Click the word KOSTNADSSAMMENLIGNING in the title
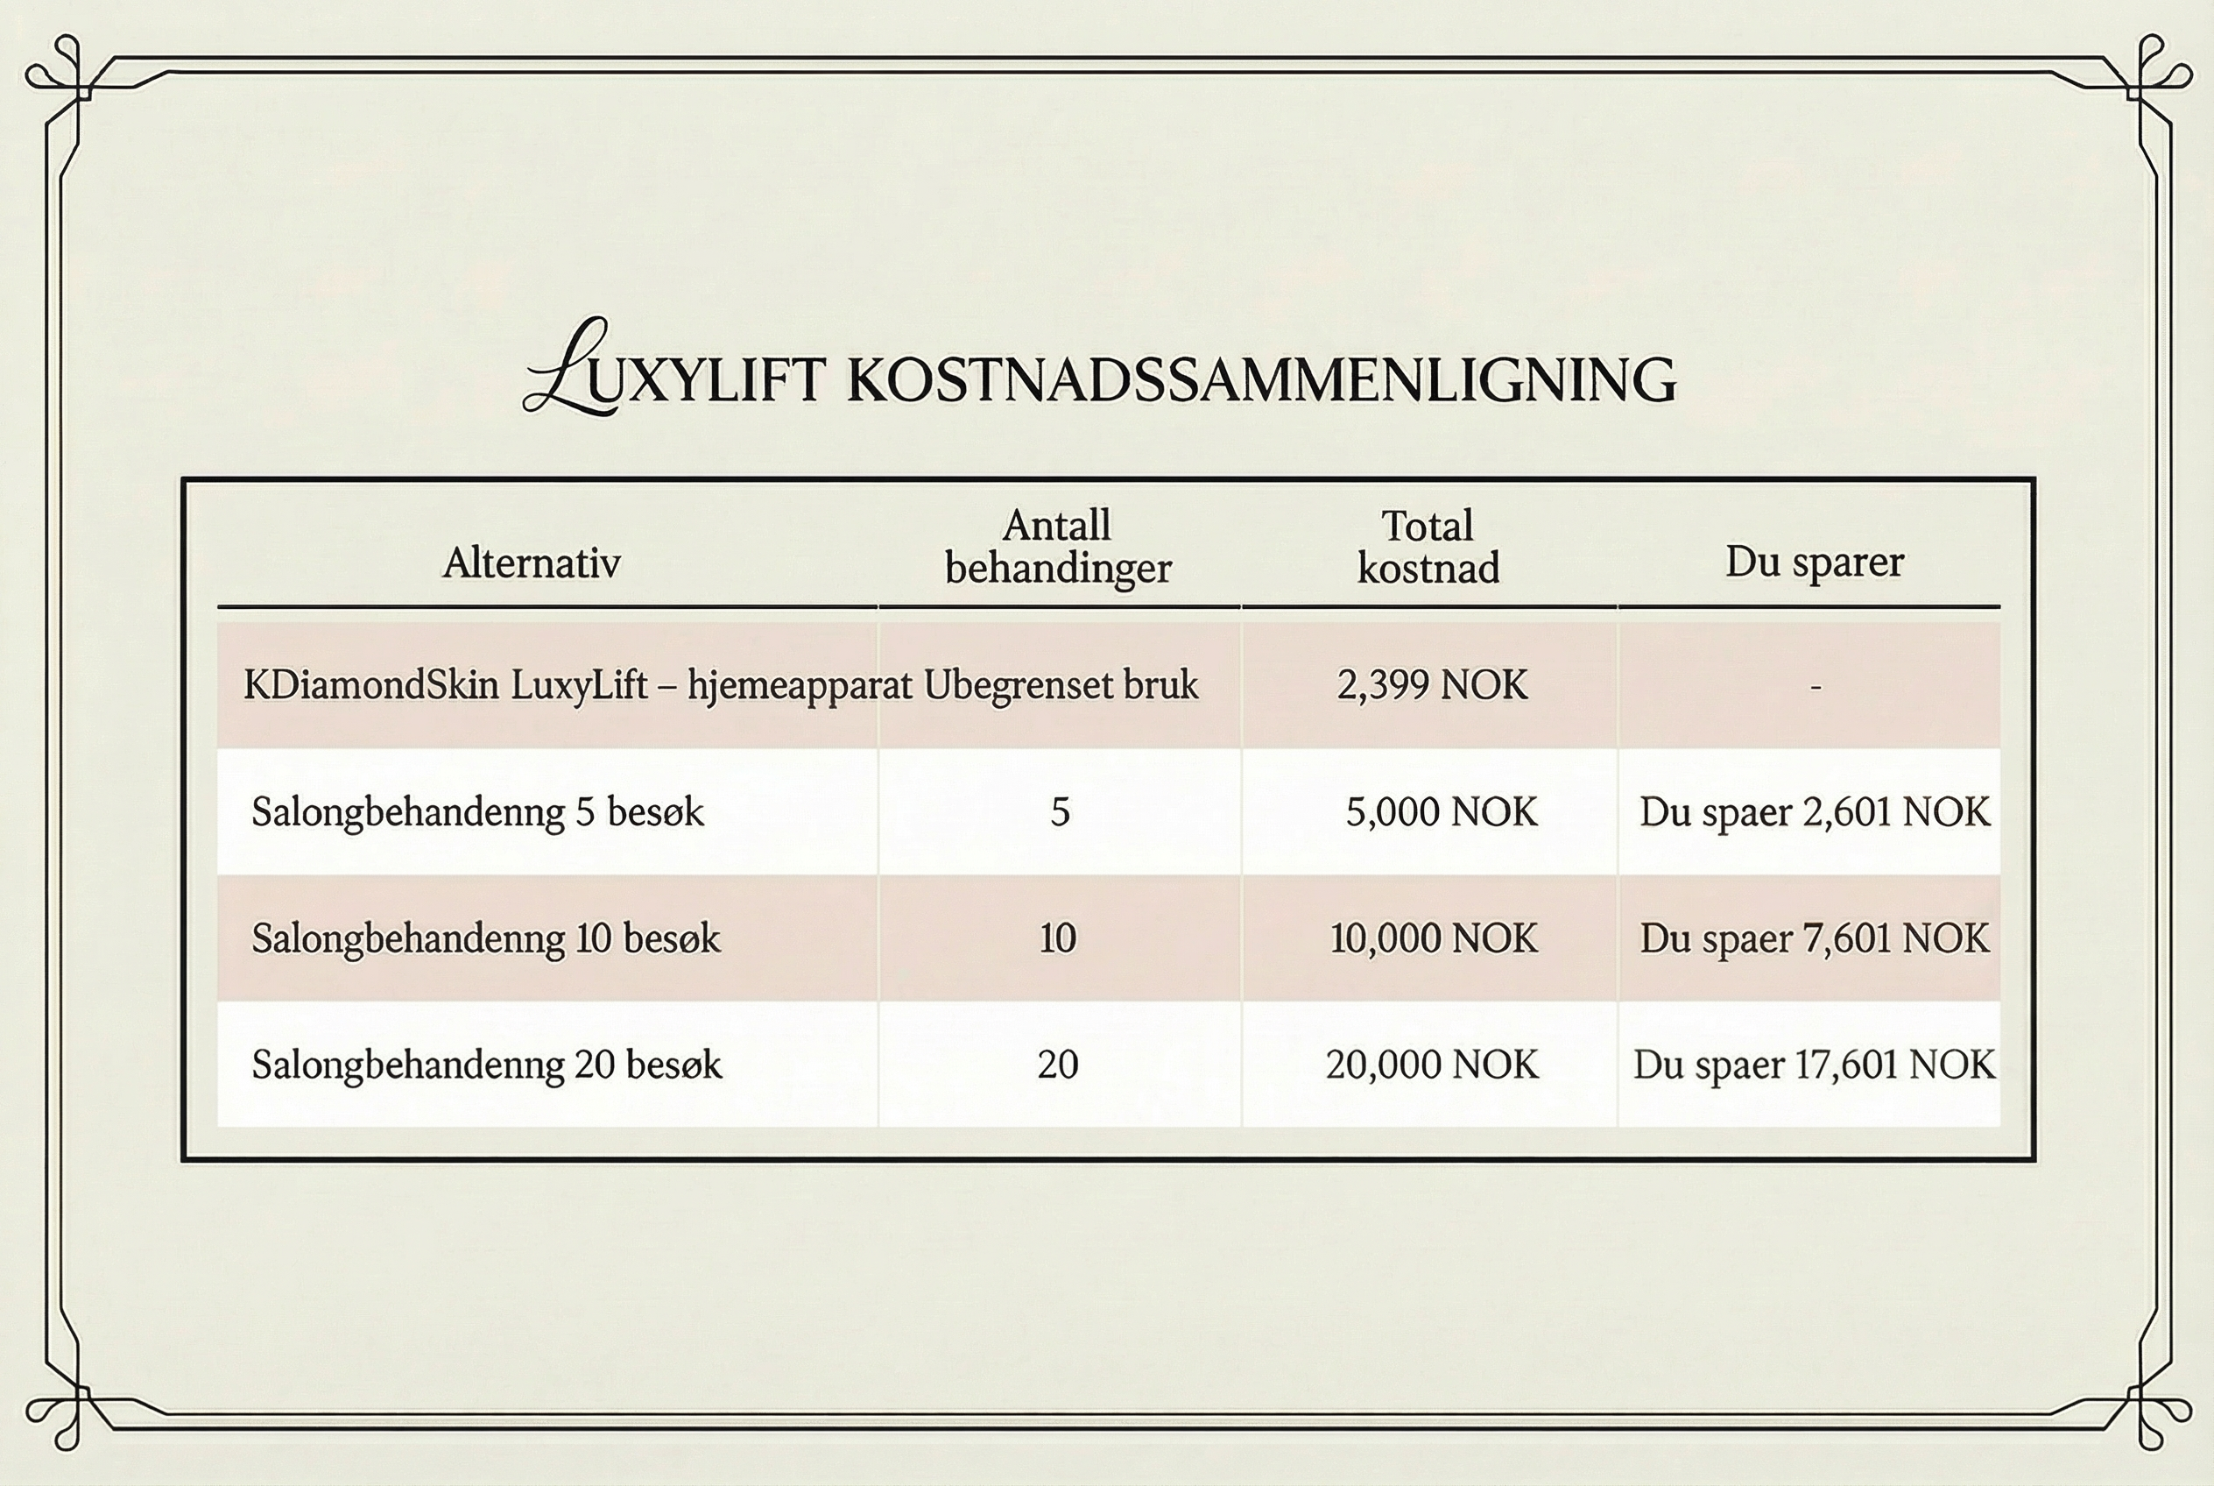tap(1260, 381)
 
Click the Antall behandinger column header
tap(1058, 547)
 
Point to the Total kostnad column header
tap(1428, 547)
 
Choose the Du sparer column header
tap(1813, 562)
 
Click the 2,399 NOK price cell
tap(1431, 685)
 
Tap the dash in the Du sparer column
tap(1816, 687)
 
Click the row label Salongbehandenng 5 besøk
tap(477, 812)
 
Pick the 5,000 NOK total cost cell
tap(1441, 812)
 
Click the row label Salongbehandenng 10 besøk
tap(485, 939)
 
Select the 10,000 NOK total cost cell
tap(1434, 939)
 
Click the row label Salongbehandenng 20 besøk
tap(486, 1065)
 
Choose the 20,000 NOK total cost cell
tap(1431, 1065)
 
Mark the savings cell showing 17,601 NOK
tap(1813, 1065)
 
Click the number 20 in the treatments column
tap(1058, 1065)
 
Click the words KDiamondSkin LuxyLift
tap(445, 685)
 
